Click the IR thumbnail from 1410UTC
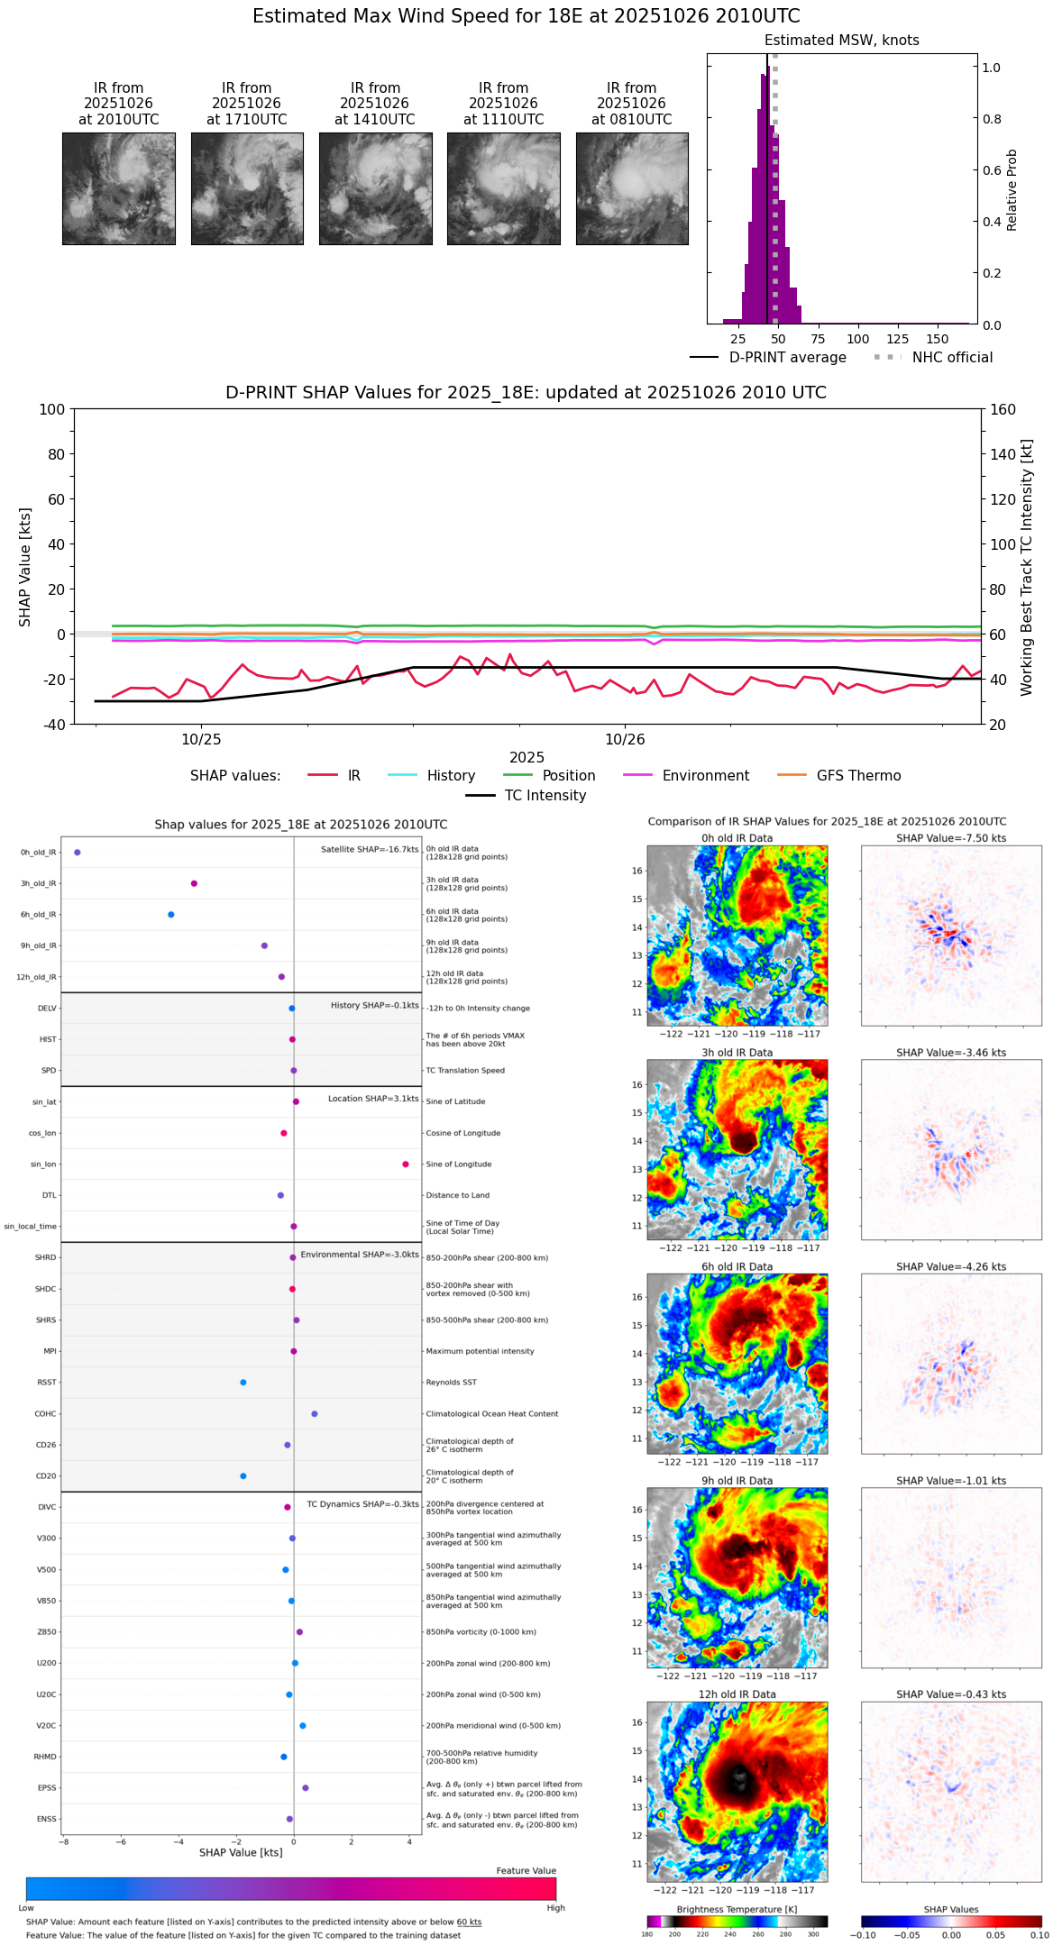(x=375, y=188)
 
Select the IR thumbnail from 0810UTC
(x=632, y=188)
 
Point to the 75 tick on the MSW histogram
(x=818, y=339)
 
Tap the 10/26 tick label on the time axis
(x=625, y=740)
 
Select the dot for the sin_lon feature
(x=406, y=1164)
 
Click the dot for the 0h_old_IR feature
(x=78, y=853)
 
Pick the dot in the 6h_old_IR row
(x=171, y=915)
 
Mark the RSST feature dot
(x=243, y=1383)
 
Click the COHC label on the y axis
(x=46, y=1414)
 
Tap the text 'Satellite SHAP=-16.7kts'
(x=370, y=850)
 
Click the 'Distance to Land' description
(x=457, y=1196)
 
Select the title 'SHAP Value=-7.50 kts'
(x=951, y=838)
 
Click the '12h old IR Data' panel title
(x=737, y=1694)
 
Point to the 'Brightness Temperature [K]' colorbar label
(x=737, y=1909)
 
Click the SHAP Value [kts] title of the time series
(x=25, y=567)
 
